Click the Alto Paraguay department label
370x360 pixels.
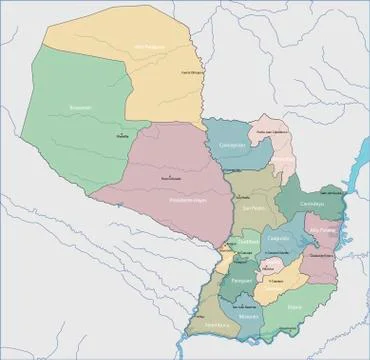[148, 47]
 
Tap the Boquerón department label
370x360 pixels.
[81, 107]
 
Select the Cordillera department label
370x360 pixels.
[248, 241]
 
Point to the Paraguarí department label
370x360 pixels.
[242, 282]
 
